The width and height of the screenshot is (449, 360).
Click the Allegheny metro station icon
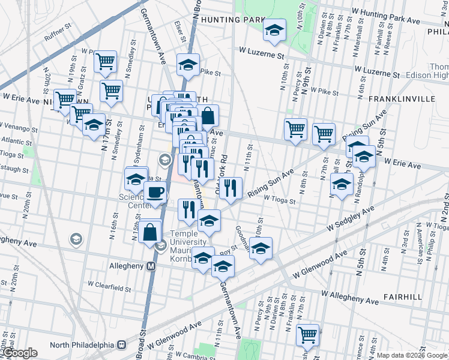(151, 265)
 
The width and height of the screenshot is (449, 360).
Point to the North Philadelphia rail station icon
(122, 344)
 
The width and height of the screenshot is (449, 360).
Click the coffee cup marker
(156, 192)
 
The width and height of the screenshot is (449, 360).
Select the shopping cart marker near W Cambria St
(307, 334)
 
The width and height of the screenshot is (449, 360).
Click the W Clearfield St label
(109, 289)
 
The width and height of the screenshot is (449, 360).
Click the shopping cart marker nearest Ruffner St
(106, 60)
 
